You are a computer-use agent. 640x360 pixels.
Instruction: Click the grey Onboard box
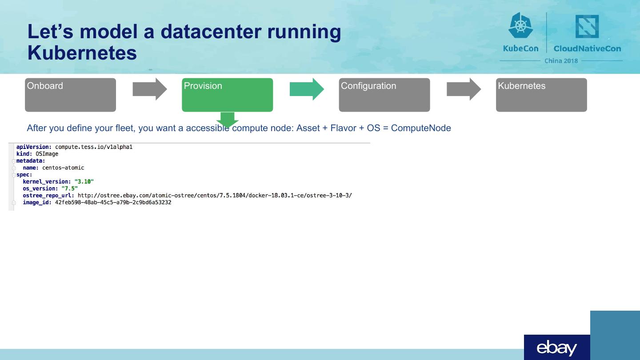click(x=70, y=95)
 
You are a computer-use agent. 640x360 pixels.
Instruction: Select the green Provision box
click(x=227, y=95)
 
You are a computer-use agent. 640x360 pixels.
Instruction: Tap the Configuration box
click(x=384, y=95)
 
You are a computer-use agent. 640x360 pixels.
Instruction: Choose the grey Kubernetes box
click(x=541, y=95)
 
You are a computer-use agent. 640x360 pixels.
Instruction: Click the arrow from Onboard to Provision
click(x=150, y=89)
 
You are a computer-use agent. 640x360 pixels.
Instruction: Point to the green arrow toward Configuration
click(x=307, y=89)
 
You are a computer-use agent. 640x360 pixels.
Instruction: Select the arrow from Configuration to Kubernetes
click(x=464, y=89)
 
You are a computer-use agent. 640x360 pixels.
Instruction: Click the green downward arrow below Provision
click(x=227, y=119)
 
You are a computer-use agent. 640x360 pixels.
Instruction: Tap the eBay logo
click(x=557, y=348)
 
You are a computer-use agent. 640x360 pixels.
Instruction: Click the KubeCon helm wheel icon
click(x=520, y=25)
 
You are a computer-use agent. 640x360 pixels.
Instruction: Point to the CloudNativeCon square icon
click(x=587, y=26)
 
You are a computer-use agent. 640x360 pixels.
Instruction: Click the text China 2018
click(x=561, y=61)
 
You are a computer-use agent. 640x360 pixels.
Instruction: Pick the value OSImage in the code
click(x=47, y=154)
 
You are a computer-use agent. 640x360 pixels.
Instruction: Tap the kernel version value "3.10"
click(x=84, y=181)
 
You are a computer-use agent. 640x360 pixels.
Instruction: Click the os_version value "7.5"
click(x=69, y=188)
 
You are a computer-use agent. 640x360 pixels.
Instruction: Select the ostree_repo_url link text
click(x=215, y=196)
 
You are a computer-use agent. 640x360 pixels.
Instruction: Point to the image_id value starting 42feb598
click(x=113, y=203)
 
